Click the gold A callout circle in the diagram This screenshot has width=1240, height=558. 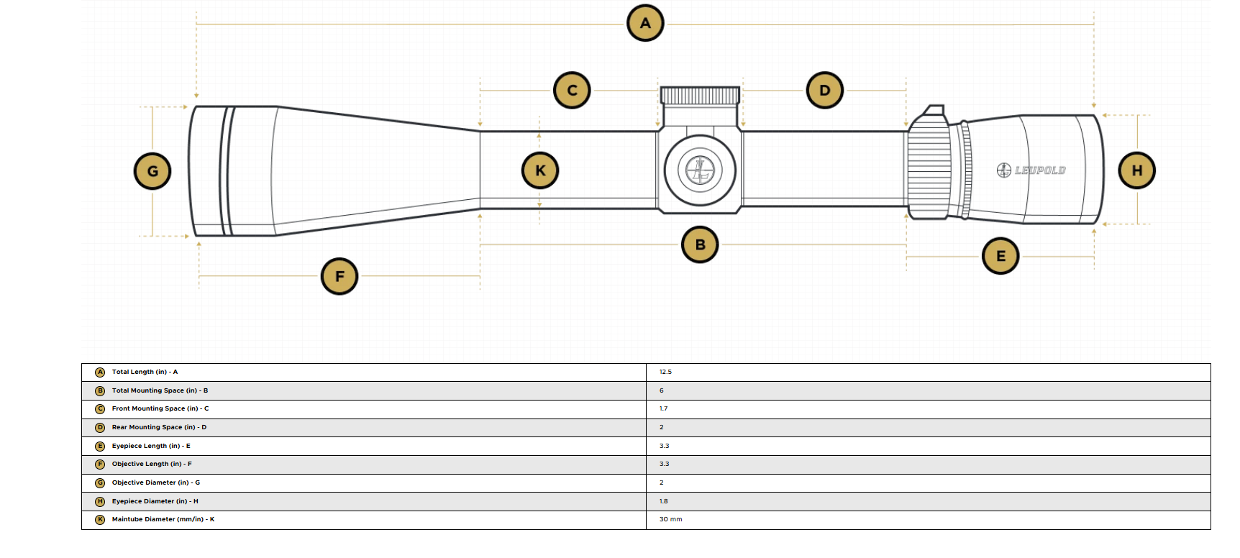(x=645, y=23)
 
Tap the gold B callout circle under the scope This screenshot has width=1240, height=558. (x=700, y=244)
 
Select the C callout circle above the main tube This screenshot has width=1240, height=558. (x=572, y=90)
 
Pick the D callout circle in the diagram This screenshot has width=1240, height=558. (x=825, y=90)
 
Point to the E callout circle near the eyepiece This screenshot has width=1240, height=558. (x=1000, y=256)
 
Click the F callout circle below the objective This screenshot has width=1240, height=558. (x=339, y=276)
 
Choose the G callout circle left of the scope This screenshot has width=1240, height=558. (x=152, y=171)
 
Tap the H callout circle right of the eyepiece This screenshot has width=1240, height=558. (x=1137, y=170)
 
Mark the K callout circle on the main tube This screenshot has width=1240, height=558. (x=540, y=170)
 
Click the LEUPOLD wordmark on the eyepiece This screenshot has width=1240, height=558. (x=1040, y=170)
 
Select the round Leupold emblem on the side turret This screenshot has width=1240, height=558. (x=700, y=170)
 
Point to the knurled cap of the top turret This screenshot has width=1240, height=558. (x=700, y=96)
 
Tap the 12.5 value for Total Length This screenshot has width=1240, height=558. (x=665, y=372)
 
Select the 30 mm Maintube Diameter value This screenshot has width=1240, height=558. (x=670, y=519)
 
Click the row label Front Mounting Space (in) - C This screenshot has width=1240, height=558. (x=160, y=408)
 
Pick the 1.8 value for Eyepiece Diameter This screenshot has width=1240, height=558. (x=663, y=501)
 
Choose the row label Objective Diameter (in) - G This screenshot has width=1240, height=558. (x=156, y=482)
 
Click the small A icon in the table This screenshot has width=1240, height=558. (x=100, y=372)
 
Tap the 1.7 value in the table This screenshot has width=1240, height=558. (x=663, y=408)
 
